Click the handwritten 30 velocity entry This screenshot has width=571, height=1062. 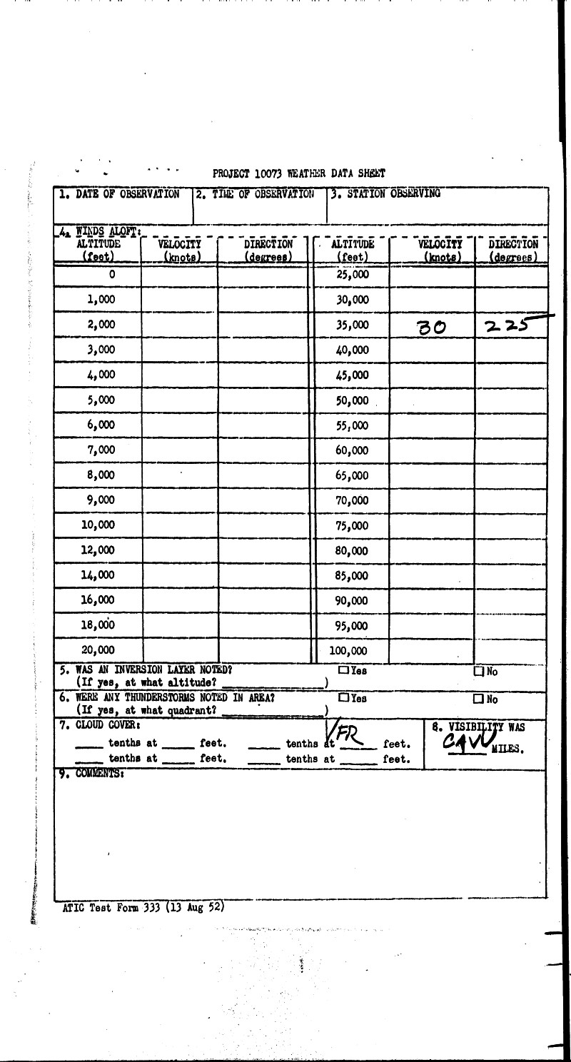coord(432,327)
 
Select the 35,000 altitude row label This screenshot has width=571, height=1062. coord(352,325)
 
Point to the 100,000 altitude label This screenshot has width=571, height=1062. coord(350,651)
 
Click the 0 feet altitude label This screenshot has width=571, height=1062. coord(112,274)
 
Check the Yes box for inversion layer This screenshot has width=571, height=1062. coord(344,671)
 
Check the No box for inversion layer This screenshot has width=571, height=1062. coord(480,672)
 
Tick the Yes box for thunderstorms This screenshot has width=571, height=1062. coord(344,698)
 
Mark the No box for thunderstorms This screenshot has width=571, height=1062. coord(480,699)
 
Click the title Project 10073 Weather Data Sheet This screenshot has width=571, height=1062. coord(298,173)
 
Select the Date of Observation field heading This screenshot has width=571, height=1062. coord(119,193)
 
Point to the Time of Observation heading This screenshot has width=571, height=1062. coord(256,193)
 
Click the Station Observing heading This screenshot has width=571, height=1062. coord(385,193)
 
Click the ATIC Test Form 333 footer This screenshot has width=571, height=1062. coord(143,908)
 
